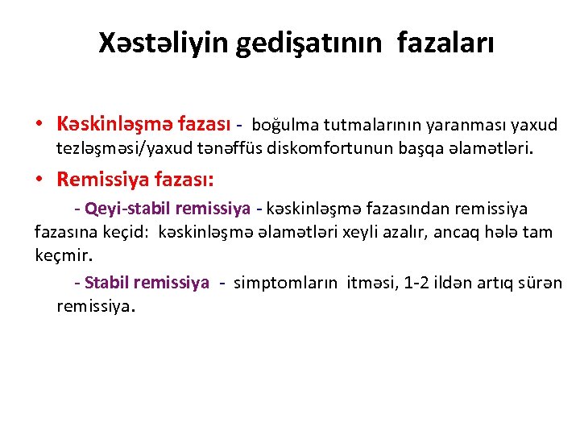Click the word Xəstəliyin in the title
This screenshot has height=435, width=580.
coord(163,43)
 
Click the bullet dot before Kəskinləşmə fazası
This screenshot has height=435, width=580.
coord(39,125)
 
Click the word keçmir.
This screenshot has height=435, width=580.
coord(64,256)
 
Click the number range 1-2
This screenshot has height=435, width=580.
coord(417,283)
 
